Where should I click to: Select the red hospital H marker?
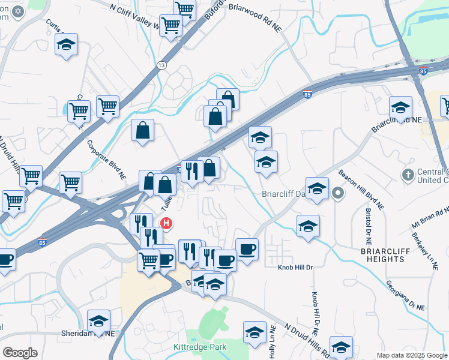pyautogui.click(x=167, y=224)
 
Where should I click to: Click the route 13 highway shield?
pyautogui.click(x=161, y=65)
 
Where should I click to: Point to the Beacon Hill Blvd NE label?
pyautogui.click(x=360, y=189)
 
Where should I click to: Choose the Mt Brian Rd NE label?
pyautogui.click(x=430, y=220)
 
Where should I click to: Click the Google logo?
pyautogui.click(x=20, y=352)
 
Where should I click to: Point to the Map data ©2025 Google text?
pyautogui.click(x=412, y=355)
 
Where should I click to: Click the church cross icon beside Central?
pyautogui.click(x=408, y=175)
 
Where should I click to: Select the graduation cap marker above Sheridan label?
pyautogui.click(x=98, y=321)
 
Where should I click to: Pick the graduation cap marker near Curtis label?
pyautogui.click(x=66, y=45)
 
